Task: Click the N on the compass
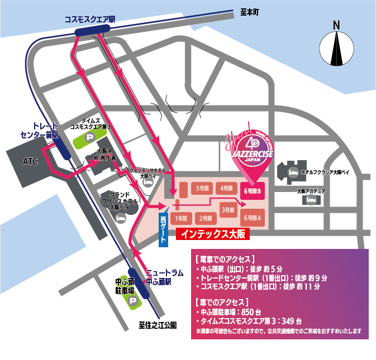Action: pos(337,25)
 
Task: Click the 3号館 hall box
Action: pos(228,210)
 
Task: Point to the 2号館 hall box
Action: pos(205,218)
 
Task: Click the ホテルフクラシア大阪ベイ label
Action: pos(325,172)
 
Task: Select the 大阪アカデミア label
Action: pos(311,191)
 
